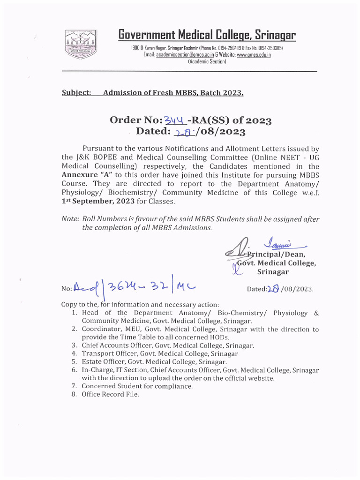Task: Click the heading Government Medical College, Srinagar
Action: point(207,35)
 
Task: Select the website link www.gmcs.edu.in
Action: point(254,55)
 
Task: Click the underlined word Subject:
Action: point(76,93)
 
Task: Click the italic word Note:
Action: point(70,219)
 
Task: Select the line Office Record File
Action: point(110,394)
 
